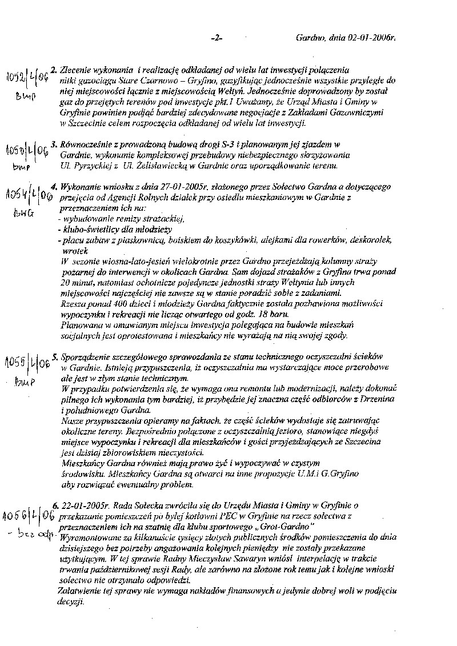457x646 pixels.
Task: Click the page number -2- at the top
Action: click(217, 38)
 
